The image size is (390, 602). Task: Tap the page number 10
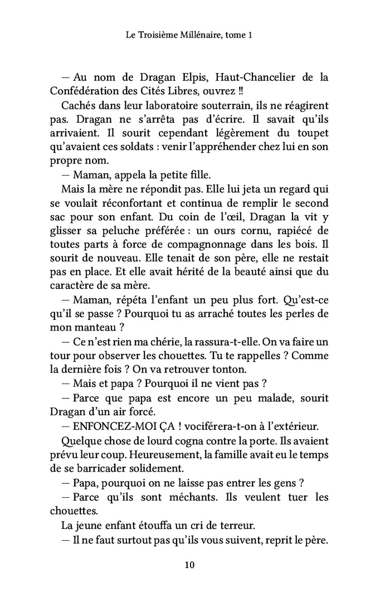(x=189, y=565)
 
